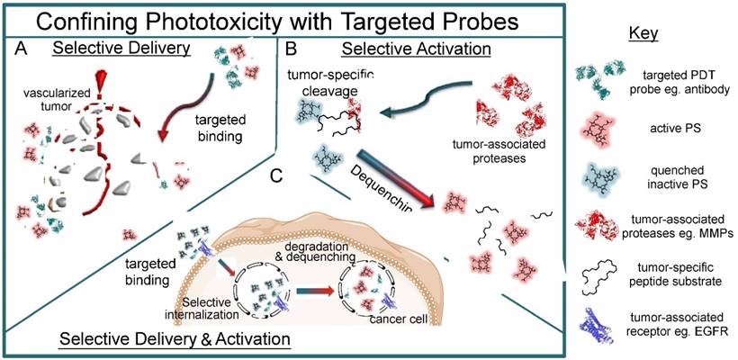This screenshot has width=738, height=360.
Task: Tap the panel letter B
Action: pyautogui.click(x=291, y=49)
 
